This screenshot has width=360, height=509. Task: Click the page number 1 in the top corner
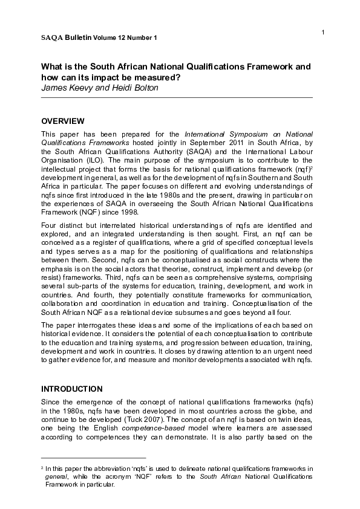pyautogui.click(x=323, y=31)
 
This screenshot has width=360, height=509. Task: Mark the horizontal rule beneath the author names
pyautogui.click(x=176, y=97)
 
